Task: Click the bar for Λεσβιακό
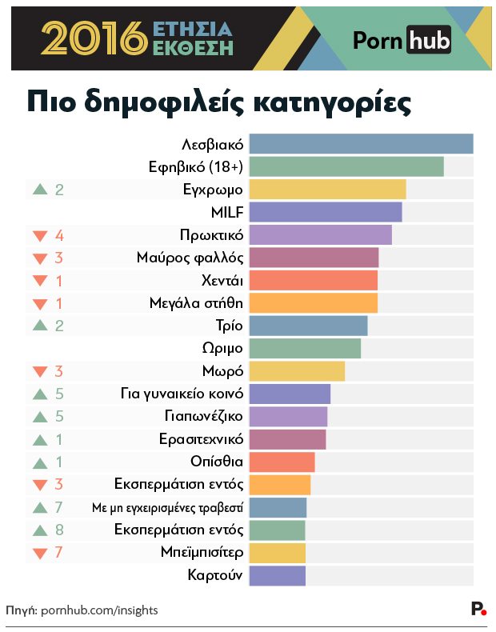361,144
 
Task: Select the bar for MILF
326,212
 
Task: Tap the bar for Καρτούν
278,576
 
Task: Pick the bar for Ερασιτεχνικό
288,439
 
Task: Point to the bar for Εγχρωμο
328,190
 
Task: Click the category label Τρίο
230,326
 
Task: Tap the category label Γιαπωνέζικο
203,417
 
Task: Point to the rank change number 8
59,530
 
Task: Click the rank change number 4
59,235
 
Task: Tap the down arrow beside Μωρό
39,372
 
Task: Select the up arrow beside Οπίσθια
39,462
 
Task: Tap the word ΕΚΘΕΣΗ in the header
193,47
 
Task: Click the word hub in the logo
428,38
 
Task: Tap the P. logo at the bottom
478,610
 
